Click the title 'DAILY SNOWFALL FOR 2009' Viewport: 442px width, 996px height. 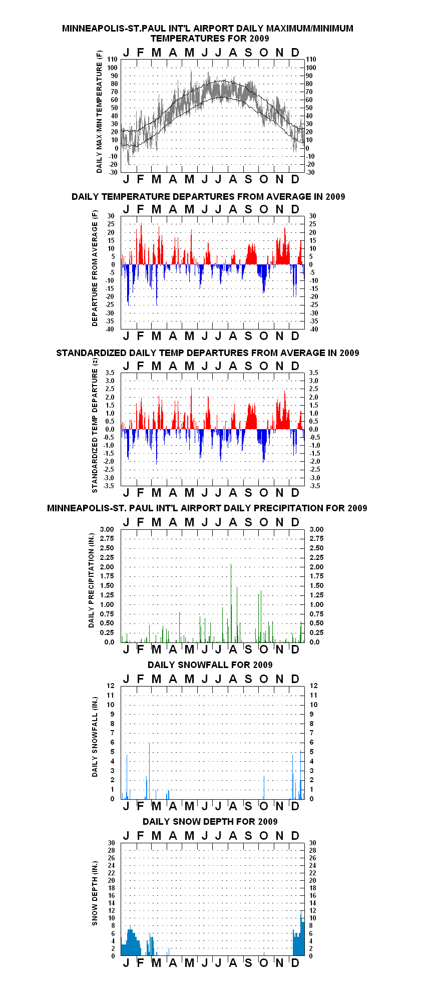pos(210,665)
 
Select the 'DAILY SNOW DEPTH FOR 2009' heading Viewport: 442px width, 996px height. pos(210,821)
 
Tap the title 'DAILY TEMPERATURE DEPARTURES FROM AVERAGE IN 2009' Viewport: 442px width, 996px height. pos(208,196)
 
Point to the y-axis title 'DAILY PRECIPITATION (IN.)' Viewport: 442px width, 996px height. pos(91,580)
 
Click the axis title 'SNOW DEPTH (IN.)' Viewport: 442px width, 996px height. pos(95,893)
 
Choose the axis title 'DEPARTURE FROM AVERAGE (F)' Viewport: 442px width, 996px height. pos(95,268)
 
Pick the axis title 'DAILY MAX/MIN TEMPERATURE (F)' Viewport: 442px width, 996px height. pos(99,111)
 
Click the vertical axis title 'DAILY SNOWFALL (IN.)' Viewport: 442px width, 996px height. pos(95,737)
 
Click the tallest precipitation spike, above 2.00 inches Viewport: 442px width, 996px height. pos(231,603)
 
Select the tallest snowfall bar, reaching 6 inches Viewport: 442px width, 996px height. pos(149,771)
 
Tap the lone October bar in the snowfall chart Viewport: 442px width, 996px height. pos(264,787)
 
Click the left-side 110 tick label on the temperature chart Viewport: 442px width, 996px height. pos(112,60)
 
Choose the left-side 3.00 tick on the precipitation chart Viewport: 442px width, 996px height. pos(107,529)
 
